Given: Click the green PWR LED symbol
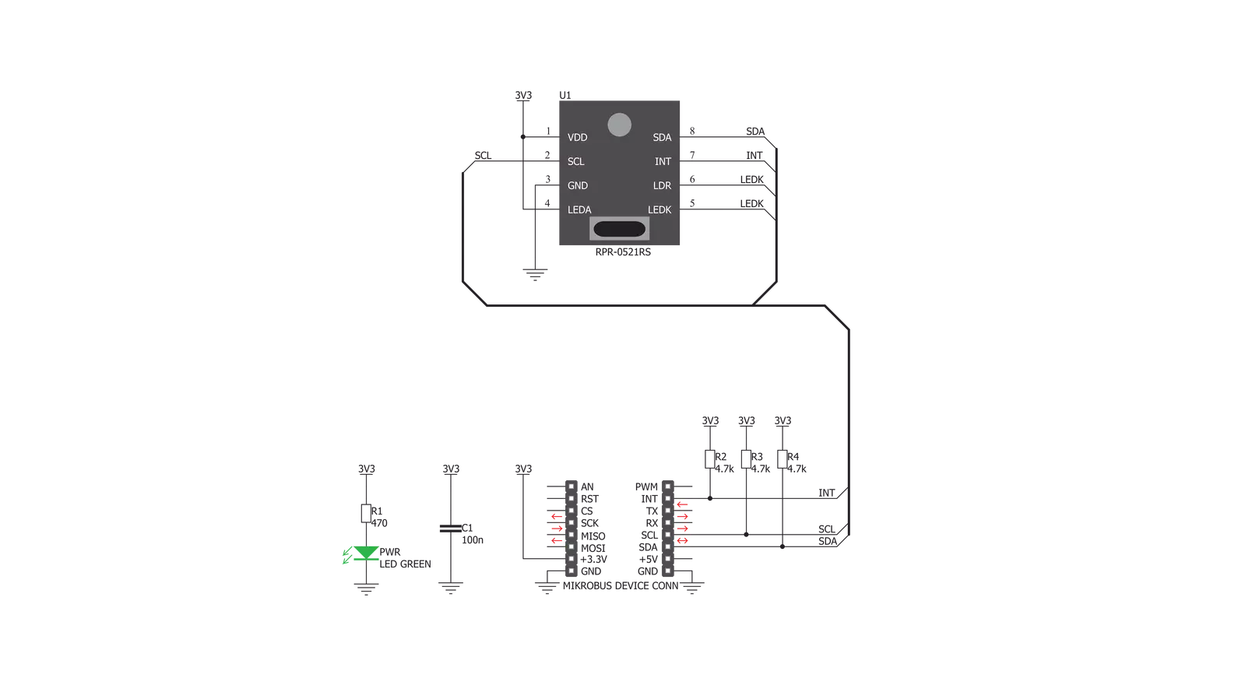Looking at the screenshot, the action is click(x=366, y=553).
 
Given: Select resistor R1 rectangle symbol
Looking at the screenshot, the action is click(x=366, y=514).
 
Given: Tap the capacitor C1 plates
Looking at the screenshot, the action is click(x=450, y=529).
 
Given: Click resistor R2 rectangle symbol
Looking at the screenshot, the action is click(x=710, y=459).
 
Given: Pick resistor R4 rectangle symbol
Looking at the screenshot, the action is click(x=782, y=459).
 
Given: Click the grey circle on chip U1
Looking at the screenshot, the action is click(x=619, y=125).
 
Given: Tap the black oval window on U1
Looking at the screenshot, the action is click(x=619, y=229).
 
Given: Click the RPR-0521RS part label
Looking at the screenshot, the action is click(x=623, y=251).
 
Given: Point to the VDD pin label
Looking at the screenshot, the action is click(x=577, y=137).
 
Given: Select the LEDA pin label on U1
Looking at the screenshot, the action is click(x=579, y=209).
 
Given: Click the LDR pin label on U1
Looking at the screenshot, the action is click(x=662, y=185).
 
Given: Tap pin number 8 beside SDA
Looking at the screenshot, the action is click(x=692, y=131).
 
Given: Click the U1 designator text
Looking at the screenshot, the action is click(x=564, y=96).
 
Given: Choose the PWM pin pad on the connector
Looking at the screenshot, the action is click(x=667, y=487).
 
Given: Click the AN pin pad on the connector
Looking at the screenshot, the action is click(x=571, y=487).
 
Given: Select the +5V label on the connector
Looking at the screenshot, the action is click(x=648, y=559).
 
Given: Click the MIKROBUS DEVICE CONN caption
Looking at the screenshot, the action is click(x=621, y=585).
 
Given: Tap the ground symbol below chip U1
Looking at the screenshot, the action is click(x=535, y=275).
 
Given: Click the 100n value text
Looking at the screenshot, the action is click(x=473, y=540).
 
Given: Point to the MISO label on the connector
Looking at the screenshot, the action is click(x=593, y=536).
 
